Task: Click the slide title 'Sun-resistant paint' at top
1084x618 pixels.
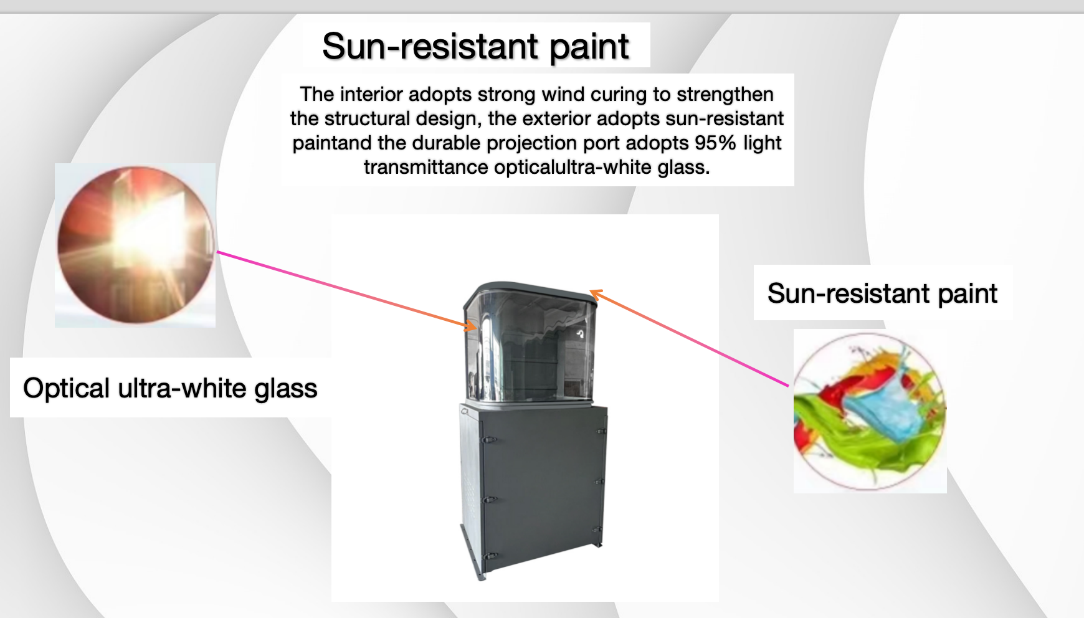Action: click(x=475, y=46)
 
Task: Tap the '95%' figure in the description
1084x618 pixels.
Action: click(x=716, y=143)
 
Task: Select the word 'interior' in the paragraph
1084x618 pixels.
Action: click(x=371, y=94)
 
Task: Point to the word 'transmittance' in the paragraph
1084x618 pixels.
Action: click(x=426, y=167)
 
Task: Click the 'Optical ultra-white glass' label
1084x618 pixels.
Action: click(x=170, y=388)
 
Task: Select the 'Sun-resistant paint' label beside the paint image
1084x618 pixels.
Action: click(x=882, y=293)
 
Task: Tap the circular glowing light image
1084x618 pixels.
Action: click(x=136, y=245)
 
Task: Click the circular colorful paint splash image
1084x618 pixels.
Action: click(x=870, y=411)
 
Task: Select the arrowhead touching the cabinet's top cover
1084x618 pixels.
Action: click(x=596, y=294)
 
